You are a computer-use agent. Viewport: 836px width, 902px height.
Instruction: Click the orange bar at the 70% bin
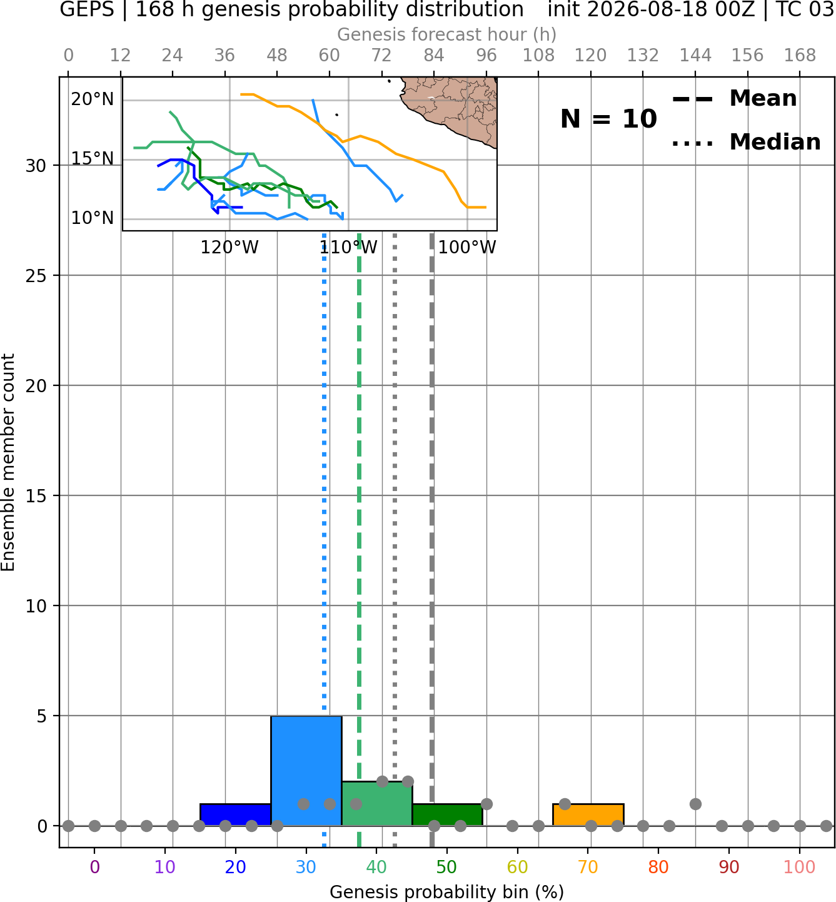[x=588, y=815]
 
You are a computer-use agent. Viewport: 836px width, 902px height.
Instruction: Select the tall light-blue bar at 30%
[x=306, y=771]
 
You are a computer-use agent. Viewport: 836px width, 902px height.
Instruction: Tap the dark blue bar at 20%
[x=236, y=815]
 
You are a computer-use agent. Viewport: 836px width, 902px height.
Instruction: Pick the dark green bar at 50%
[x=447, y=815]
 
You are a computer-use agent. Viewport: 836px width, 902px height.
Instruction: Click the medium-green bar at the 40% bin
[x=377, y=803]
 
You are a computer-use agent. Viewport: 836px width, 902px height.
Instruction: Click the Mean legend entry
[x=734, y=99]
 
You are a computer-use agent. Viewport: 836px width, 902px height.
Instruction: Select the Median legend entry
[x=746, y=142]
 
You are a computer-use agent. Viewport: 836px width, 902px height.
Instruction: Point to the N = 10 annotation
[x=608, y=119]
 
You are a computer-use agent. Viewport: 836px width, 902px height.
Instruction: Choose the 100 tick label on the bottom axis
[x=800, y=867]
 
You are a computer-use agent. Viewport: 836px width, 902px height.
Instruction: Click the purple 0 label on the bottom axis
[x=94, y=867]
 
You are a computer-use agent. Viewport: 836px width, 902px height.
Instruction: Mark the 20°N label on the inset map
[x=92, y=99]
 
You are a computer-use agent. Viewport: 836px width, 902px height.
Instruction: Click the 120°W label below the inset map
[x=229, y=248]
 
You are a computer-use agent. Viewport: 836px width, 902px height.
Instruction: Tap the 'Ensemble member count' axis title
[x=8, y=462]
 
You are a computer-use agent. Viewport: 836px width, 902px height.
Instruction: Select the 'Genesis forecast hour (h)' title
[x=447, y=34]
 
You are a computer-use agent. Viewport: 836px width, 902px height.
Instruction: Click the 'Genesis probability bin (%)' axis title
[x=447, y=892]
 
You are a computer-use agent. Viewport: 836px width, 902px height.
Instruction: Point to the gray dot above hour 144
[x=695, y=804]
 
